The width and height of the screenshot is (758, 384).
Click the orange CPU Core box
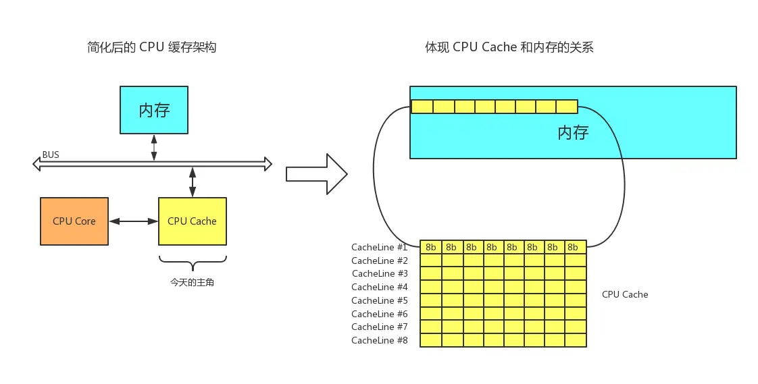74,221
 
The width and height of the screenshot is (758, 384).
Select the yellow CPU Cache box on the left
192,221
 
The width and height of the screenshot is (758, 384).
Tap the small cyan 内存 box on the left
154,109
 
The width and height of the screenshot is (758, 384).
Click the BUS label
51,155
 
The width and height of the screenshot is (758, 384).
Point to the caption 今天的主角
192,283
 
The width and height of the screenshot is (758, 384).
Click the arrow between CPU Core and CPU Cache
133,221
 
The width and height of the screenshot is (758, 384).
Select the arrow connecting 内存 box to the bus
154,147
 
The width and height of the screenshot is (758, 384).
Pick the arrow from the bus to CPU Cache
193,182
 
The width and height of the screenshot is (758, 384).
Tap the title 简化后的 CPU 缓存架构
152,47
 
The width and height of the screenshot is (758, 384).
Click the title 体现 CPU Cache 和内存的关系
509,47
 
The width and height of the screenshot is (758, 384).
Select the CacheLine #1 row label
379,247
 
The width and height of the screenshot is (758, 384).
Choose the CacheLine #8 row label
379,340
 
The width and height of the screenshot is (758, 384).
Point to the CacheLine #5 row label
379,300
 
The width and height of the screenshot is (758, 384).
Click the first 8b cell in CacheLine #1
431,247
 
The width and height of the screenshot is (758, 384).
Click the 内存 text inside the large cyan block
573,132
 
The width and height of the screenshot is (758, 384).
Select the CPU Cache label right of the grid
625,294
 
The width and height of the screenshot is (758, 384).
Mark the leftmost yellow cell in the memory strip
422,107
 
